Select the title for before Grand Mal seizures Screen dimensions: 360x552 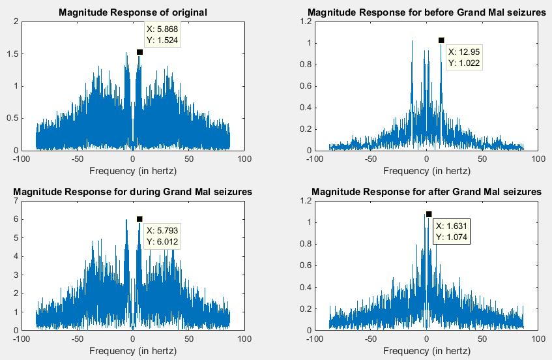point(426,12)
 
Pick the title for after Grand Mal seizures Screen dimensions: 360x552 point(426,192)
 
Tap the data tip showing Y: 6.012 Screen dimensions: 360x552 point(162,236)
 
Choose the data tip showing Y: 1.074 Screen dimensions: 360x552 point(452,231)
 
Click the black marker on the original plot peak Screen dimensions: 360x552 point(139,52)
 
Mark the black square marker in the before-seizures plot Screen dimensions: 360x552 point(441,40)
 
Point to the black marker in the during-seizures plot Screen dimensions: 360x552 point(139,219)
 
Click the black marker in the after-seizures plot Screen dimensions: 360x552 point(429,214)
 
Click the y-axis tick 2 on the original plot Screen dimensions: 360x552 point(14,22)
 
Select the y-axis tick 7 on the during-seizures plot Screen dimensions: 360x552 point(14,201)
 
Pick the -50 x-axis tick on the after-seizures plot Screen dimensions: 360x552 point(370,339)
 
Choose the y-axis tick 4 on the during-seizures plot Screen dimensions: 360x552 point(14,256)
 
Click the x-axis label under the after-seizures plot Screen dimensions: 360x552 point(426,351)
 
